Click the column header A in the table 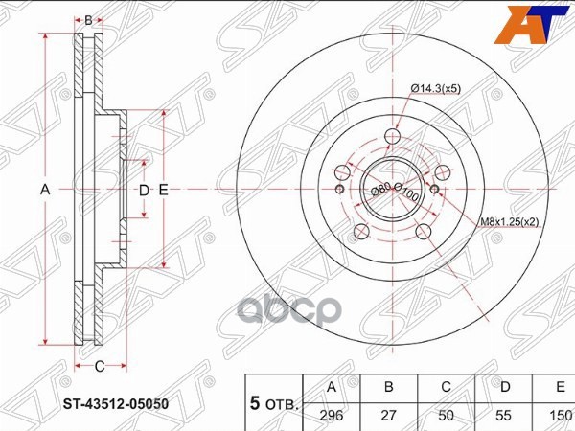click(x=333, y=387)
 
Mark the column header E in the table click(x=557, y=387)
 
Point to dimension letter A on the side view click(x=44, y=191)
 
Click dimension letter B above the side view click(x=88, y=19)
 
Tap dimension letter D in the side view click(x=144, y=191)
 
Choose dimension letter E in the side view click(x=164, y=191)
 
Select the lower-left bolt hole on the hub click(x=360, y=231)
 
